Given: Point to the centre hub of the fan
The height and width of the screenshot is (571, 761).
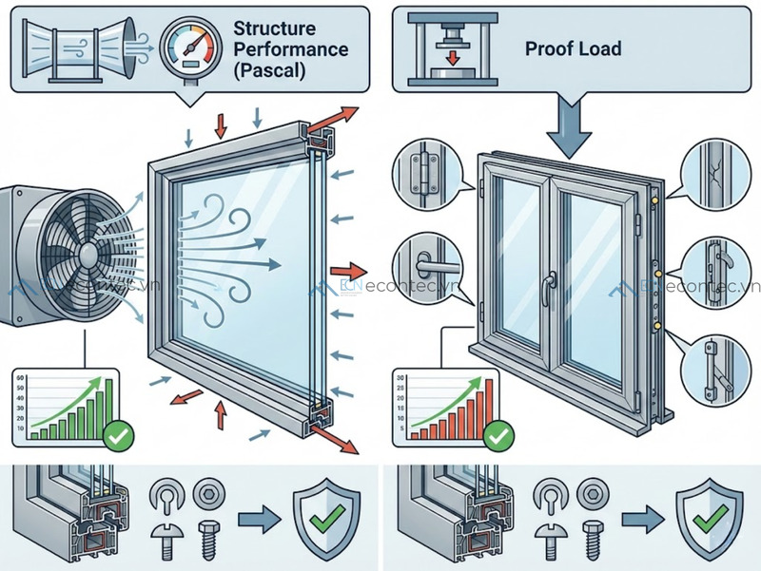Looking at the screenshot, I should (86, 255).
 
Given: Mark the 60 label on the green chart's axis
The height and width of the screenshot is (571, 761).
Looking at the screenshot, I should (21, 378).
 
